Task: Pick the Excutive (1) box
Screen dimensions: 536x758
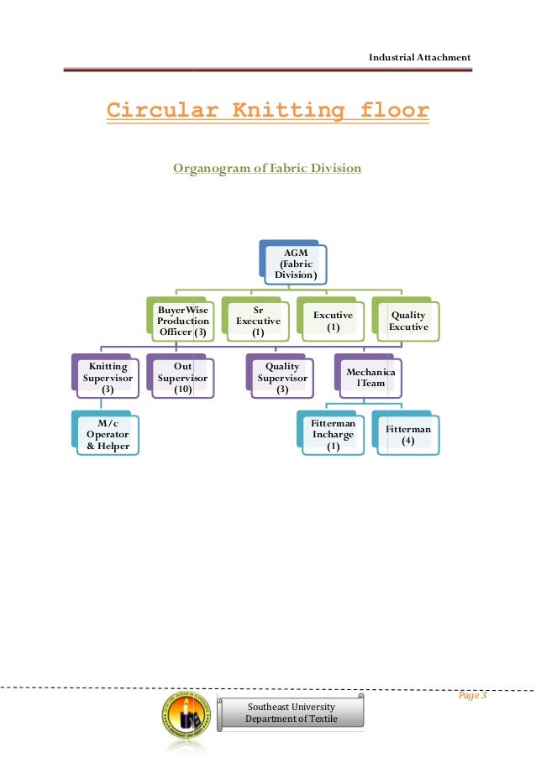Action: (333, 321)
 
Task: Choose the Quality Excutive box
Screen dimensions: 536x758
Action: (407, 321)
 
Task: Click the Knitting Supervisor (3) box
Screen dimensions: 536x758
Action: (108, 378)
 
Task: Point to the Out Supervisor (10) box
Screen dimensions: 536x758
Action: (181, 378)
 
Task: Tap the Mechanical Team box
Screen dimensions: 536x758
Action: (371, 377)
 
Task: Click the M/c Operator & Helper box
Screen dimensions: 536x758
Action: (107, 434)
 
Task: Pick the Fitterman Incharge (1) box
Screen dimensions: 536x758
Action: (333, 435)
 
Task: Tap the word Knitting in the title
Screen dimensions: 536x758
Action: (274, 111)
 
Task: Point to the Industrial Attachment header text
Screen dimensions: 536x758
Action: (420, 56)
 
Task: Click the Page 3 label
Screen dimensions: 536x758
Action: (473, 696)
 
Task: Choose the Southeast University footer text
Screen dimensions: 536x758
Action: (291, 707)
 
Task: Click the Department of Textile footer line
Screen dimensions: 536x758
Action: (291, 719)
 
